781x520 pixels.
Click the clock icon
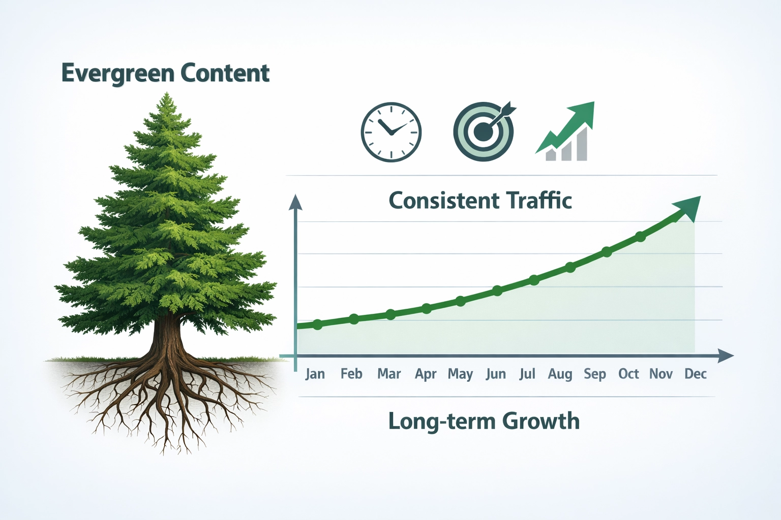tap(391, 132)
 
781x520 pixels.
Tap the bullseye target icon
tap(483, 132)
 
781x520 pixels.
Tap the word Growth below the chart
tap(541, 421)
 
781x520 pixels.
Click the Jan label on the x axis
tap(315, 374)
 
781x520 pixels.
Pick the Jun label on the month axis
tap(496, 374)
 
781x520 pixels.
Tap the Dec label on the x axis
tap(695, 374)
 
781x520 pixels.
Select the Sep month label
tap(594, 374)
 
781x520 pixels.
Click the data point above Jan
tap(317, 324)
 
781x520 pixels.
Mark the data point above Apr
tap(427, 308)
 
